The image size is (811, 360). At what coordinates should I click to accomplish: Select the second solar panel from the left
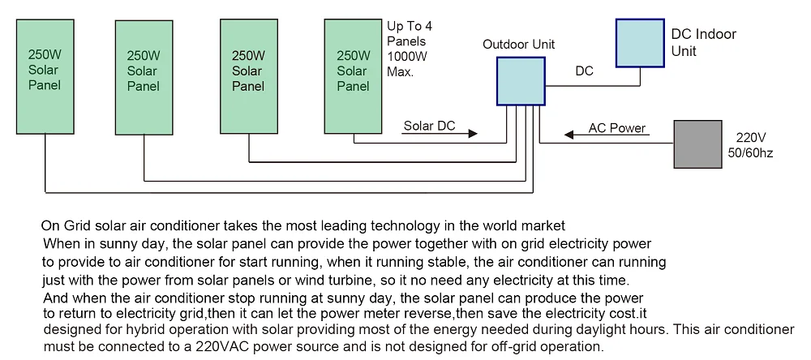[144, 78]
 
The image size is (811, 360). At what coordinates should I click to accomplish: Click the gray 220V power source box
[697, 144]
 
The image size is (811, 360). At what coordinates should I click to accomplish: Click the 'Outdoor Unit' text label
[519, 44]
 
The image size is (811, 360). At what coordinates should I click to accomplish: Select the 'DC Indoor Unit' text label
[704, 43]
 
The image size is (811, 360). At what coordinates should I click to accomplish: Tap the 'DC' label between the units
[584, 71]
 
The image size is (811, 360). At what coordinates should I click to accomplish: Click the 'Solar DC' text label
[429, 126]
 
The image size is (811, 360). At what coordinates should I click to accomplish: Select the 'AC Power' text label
[616, 127]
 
